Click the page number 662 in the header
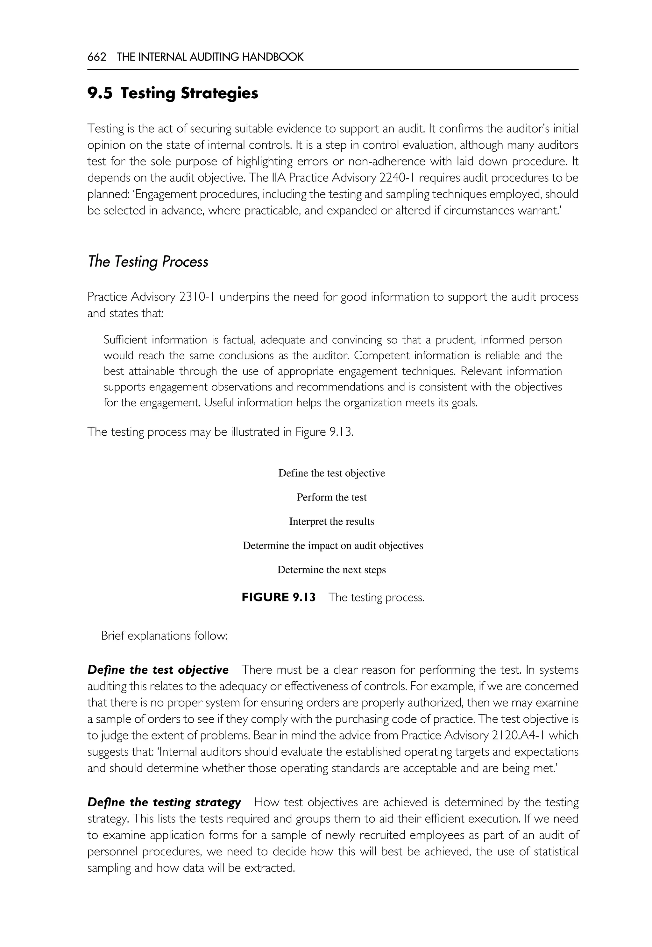pyautogui.click(x=97, y=57)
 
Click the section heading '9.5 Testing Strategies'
pyautogui.click(x=173, y=94)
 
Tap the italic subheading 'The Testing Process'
pyautogui.click(x=148, y=262)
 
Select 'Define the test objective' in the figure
pyautogui.click(x=331, y=473)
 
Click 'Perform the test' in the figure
pyautogui.click(x=331, y=497)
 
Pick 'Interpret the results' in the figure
pyautogui.click(x=331, y=522)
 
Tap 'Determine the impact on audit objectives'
pyautogui.click(x=333, y=546)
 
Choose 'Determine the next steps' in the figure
pyautogui.click(x=331, y=570)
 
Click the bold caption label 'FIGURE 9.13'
pyautogui.click(x=279, y=597)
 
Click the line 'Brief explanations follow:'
pyautogui.click(x=164, y=636)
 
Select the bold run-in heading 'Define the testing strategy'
pyautogui.click(x=164, y=803)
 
